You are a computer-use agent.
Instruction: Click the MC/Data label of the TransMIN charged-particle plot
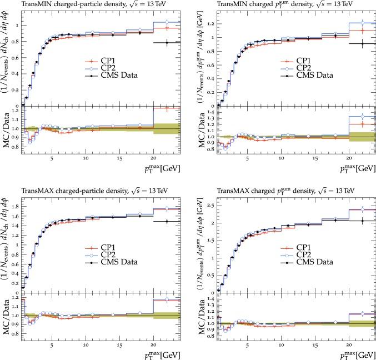click(5, 128)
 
